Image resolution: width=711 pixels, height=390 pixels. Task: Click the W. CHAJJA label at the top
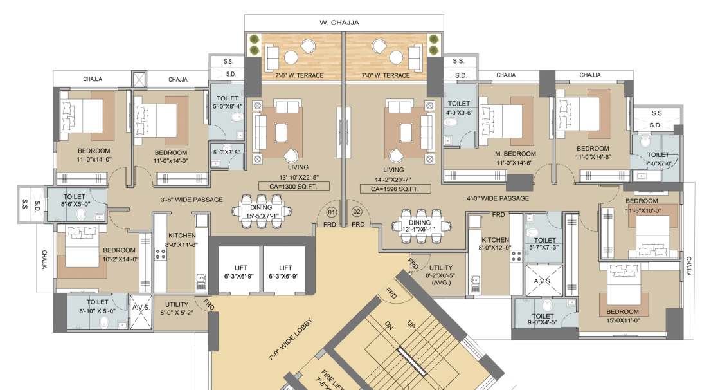pos(339,23)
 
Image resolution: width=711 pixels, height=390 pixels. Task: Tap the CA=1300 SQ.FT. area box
pos(294,187)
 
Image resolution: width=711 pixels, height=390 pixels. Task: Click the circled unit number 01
pos(332,211)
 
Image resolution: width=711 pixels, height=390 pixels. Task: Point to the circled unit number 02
pos(357,211)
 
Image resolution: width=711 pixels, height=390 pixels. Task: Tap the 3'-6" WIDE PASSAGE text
pos(192,200)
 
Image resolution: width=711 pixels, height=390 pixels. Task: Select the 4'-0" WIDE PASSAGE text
pos(498,198)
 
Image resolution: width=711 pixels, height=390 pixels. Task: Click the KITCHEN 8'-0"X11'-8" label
pos(181,240)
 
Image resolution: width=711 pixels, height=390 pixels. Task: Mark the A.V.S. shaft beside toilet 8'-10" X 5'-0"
pos(141,312)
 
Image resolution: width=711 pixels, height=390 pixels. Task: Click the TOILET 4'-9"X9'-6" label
pos(459,107)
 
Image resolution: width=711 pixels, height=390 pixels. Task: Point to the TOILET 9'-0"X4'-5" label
pos(543,320)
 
